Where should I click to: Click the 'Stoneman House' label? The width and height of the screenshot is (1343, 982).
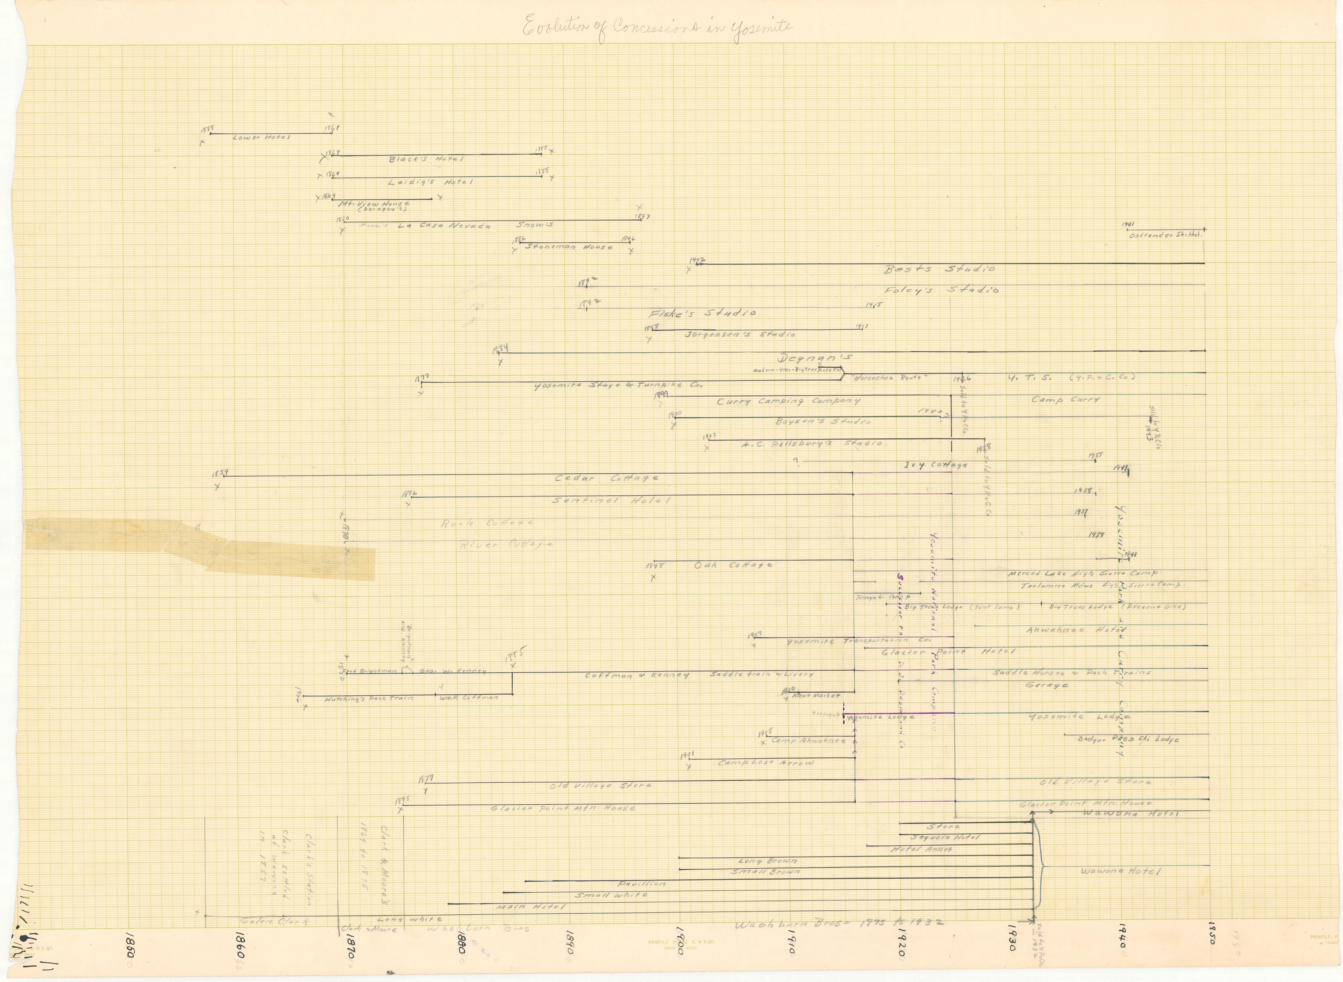tap(569, 247)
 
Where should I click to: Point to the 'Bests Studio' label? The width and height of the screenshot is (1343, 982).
tap(939, 269)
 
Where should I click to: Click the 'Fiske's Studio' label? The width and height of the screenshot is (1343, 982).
tap(701, 313)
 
